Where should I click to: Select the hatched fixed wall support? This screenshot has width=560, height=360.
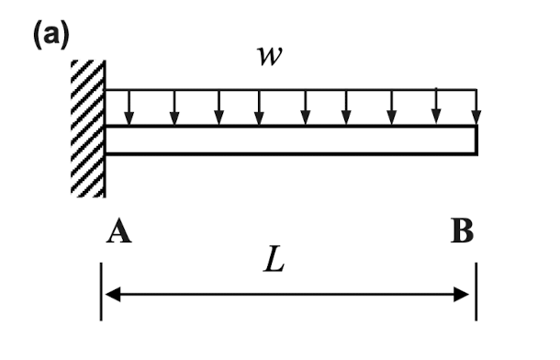point(88,128)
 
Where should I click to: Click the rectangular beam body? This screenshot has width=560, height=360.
point(290,140)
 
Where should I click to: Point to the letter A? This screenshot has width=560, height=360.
point(118,232)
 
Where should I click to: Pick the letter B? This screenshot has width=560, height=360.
point(463,232)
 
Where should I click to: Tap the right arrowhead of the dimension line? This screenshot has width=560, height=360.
point(465,295)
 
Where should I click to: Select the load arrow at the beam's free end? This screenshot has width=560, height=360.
point(476,107)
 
